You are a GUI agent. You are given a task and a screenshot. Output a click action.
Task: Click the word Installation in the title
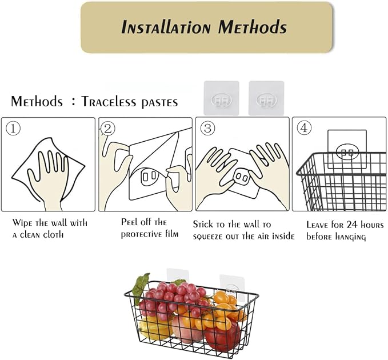point(166,27)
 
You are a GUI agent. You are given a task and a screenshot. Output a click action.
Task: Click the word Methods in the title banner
point(253,27)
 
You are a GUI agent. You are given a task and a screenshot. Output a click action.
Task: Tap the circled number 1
point(13,129)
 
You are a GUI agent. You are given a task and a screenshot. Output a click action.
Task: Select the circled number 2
point(108,129)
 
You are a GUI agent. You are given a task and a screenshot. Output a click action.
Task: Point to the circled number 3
point(207,128)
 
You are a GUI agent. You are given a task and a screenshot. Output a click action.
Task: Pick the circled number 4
point(304,128)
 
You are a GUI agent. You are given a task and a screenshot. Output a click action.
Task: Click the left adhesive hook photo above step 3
point(222,98)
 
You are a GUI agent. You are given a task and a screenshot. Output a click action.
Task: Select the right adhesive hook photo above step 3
point(266,98)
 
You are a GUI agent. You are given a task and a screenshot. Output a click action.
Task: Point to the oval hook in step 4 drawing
point(347,152)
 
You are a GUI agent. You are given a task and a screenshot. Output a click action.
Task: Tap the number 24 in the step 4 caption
point(353,225)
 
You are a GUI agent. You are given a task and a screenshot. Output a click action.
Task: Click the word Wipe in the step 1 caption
point(22,223)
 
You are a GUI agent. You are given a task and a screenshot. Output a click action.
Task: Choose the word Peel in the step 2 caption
point(129,222)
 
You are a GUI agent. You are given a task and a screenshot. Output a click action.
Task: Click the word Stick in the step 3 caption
point(203,224)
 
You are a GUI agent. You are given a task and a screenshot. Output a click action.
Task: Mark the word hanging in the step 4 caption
point(350,237)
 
